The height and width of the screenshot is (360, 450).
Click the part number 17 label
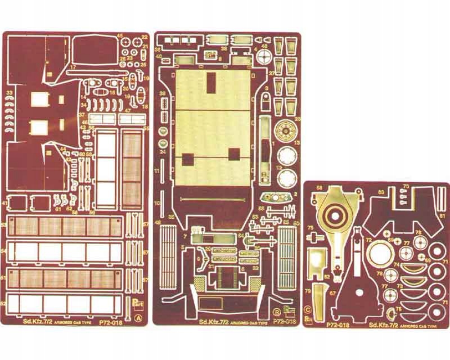point(73,67)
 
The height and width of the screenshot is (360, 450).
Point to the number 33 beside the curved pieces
point(9,92)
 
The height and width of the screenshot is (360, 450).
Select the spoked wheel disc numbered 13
point(287,134)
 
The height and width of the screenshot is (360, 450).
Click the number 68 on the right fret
point(319,188)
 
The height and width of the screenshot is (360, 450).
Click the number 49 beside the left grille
point(159,224)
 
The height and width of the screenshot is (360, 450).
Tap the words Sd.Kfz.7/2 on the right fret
point(381,326)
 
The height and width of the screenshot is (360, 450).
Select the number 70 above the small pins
point(405,186)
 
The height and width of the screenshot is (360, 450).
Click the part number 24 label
point(161,151)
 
